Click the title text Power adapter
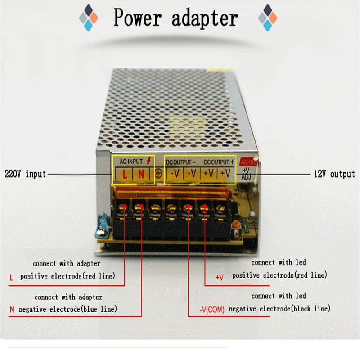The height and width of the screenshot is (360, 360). pos(175,18)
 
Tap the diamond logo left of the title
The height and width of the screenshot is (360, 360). pos(89,18)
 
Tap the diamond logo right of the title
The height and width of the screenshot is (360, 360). pos(268,18)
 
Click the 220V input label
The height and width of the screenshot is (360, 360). pos(25,174)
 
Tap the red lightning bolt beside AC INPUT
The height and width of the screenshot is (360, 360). pos(149,161)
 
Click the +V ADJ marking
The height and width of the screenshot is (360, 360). pos(247,174)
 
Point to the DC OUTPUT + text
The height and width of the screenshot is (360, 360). pos(219,161)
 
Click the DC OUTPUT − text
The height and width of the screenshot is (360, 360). pos(181,161)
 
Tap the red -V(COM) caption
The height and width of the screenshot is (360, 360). pos(212,310)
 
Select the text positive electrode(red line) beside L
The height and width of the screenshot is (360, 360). pos(67,276)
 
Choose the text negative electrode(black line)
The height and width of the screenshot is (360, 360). pos(279,309)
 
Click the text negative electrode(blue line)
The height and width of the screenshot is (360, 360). pos(67,309)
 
